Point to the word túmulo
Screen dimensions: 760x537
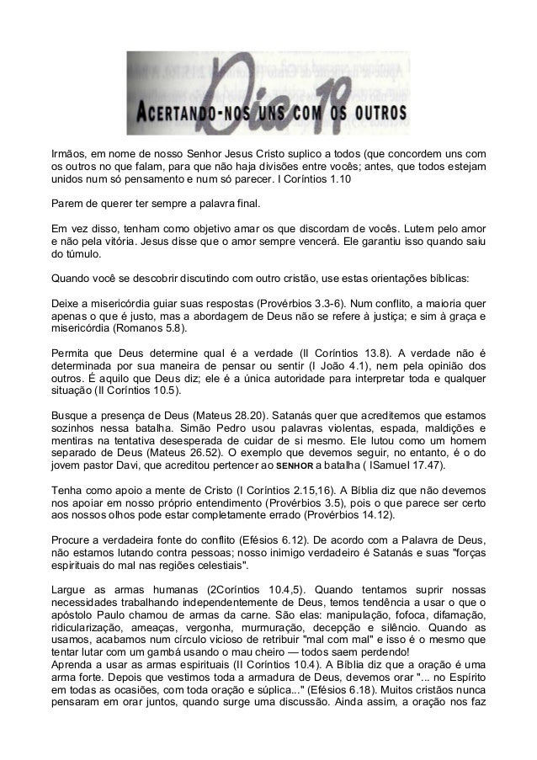click(x=75, y=253)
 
